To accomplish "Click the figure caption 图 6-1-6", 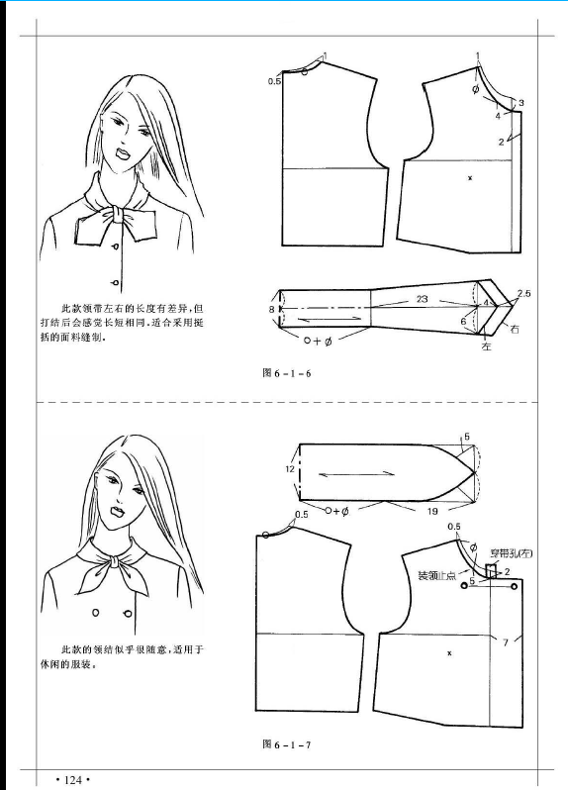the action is [287, 373].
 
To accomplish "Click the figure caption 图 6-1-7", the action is [287, 744].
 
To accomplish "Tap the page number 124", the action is [73, 780].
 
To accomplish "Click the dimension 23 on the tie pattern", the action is [422, 299].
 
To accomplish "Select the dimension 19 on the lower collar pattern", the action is [432, 512].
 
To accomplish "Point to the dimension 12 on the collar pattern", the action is [289, 469].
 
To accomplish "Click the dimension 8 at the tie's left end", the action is [271, 309].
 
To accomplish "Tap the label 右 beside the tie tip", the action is [515, 330].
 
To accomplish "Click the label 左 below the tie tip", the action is [487, 346].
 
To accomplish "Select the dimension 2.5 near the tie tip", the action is [523, 293].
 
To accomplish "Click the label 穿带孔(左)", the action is [512, 553].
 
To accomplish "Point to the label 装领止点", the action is [436, 575].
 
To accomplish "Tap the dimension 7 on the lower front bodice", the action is [506, 642].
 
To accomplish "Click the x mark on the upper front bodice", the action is [470, 178].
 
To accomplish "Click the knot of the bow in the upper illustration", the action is [116, 215].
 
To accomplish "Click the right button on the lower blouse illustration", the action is [128, 613].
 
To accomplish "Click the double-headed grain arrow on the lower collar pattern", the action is [357, 474].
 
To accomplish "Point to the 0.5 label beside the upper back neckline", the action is [274, 81].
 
